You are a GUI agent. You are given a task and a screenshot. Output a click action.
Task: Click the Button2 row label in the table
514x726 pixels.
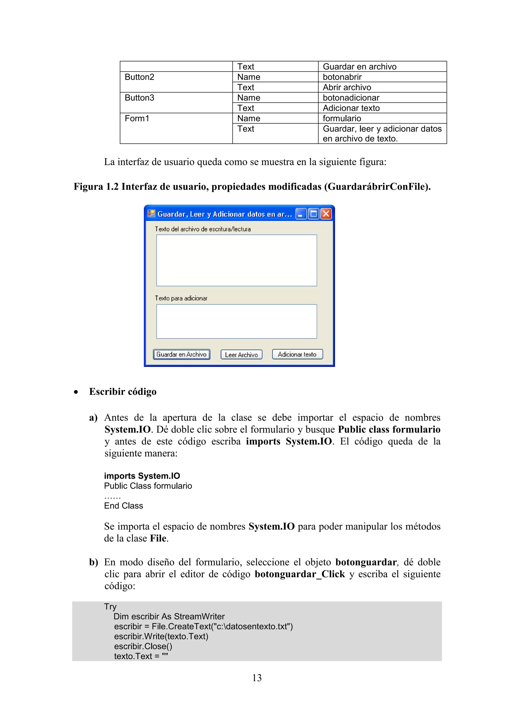[139, 77]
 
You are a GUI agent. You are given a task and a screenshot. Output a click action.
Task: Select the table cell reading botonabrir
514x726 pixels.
[342, 77]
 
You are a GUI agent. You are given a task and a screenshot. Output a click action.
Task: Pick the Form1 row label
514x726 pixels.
[137, 119]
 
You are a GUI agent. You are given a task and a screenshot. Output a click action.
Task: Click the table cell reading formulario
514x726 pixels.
[342, 119]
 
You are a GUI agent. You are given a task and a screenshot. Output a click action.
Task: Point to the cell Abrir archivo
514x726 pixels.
[347, 87]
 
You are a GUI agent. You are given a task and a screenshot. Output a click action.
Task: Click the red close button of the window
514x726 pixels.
[326, 214]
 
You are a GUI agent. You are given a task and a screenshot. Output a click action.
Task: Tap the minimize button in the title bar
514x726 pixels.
[301, 214]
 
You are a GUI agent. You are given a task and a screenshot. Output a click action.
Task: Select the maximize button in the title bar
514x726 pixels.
[313, 214]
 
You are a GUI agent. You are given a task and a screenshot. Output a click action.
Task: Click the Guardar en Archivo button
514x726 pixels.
[182, 354]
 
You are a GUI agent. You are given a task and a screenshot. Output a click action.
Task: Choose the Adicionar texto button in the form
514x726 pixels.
[297, 354]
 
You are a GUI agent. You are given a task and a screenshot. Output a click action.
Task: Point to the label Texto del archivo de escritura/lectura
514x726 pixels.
[203, 229]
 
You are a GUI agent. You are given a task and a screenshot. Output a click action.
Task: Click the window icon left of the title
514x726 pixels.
[151, 214]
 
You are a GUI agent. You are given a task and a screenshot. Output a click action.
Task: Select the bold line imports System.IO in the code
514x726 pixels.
[142, 476]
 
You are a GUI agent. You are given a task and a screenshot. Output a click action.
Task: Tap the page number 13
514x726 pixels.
[257, 678]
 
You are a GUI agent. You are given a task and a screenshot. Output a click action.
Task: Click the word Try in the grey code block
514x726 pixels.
[110, 606]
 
